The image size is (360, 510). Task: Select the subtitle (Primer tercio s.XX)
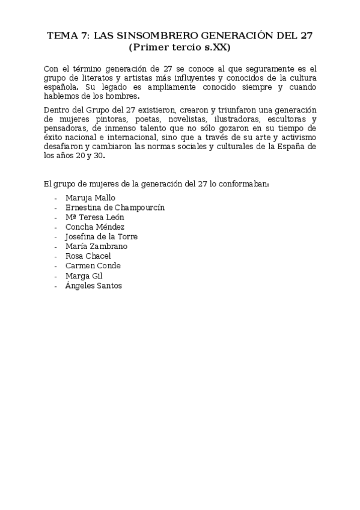(180, 47)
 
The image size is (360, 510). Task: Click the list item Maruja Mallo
(90, 197)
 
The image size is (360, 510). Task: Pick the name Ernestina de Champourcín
(115, 207)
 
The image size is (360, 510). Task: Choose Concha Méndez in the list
(95, 227)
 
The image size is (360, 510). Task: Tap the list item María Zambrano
(96, 246)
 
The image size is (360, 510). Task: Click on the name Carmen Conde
(93, 266)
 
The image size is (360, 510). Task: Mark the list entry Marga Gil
(84, 275)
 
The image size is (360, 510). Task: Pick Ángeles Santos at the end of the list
(94, 286)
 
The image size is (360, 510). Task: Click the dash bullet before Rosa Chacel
(56, 256)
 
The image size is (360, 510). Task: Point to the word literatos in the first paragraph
(90, 78)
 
